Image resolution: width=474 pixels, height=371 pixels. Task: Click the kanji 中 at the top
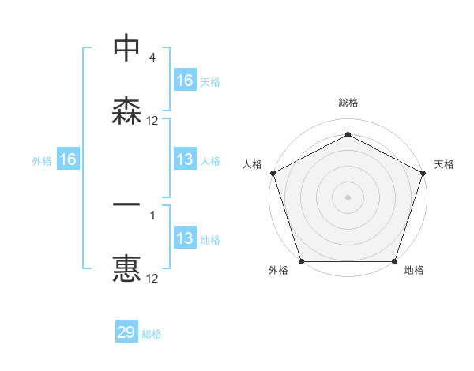(x=127, y=48)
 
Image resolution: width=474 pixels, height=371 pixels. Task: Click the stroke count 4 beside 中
(x=152, y=58)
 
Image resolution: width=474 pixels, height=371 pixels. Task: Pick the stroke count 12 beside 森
(x=152, y=121)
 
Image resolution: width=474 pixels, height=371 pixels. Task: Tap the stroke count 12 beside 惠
(x=152, y=279)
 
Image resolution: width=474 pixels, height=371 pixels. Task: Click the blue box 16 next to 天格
(x=185, y=81)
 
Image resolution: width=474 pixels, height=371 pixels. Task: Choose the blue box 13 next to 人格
(x=185, y=159)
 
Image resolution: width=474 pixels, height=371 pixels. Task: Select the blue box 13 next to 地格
(x=185, y=238)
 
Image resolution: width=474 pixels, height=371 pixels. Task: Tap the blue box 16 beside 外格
(x=68, y=159)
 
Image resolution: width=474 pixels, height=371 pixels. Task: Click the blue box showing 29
(x=126, y=332)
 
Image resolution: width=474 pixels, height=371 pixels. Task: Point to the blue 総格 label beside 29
(x=152, y=334)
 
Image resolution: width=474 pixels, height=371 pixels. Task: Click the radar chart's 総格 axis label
(x=348, y=103)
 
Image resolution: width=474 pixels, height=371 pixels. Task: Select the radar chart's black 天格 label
(x=444, y=164)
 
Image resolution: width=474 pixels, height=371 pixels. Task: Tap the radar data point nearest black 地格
(x=394, y=261)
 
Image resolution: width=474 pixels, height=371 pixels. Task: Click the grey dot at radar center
(x=348, y=197)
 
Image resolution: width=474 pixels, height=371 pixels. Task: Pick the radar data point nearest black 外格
(x=301, y=261)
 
